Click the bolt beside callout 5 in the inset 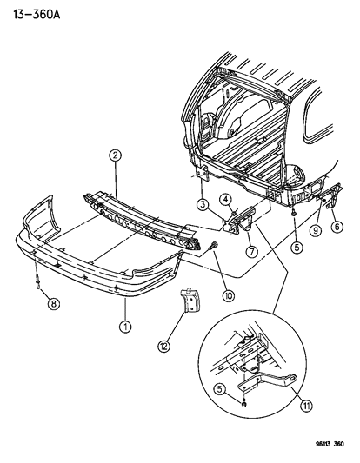[x=246, y=403]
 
